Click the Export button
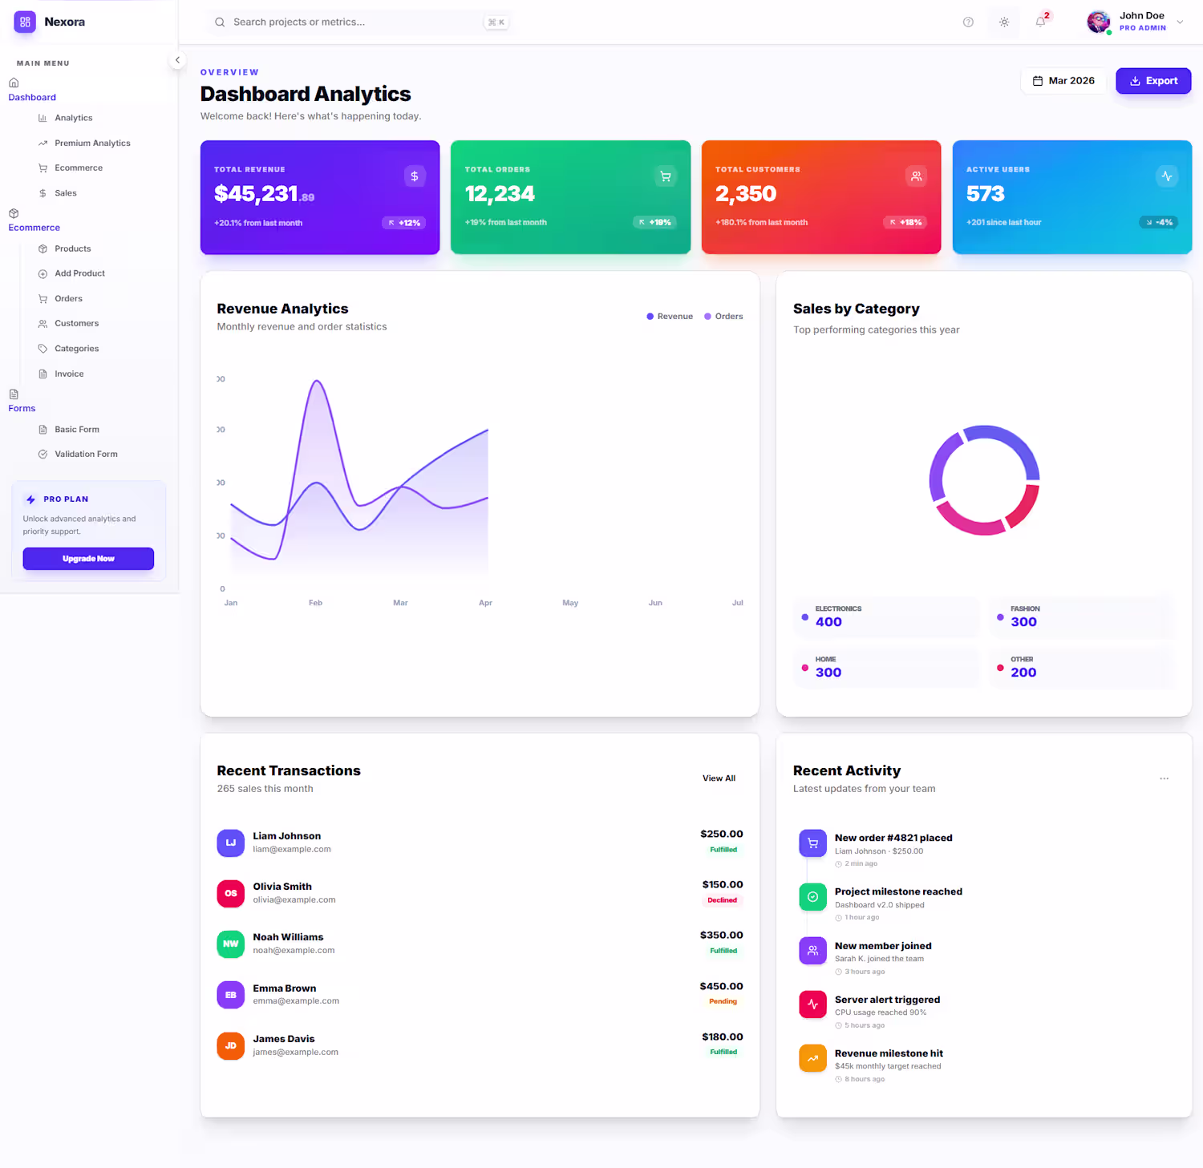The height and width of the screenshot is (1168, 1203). pos(1153,81)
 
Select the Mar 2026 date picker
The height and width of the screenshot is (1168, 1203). pos(1063,81)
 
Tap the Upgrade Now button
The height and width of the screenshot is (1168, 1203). pos(88,559)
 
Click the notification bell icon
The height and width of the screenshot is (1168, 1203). pos(1040,22)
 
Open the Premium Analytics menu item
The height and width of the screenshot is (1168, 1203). pos(92,143)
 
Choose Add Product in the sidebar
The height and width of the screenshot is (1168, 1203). pos(79,273)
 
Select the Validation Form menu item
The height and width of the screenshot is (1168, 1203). pos(86,455)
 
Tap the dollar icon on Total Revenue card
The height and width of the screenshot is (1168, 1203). pos(415,176)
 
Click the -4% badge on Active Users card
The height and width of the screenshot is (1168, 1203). pos(1160,223)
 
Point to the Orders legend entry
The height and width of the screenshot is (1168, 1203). pos(723,317)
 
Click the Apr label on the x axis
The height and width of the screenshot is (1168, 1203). pos(485,603)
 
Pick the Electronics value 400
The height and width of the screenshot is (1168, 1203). pos(828,622)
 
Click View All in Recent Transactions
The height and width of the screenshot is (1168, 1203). pos(719,778)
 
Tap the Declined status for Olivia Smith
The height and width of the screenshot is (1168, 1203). pos(722,900)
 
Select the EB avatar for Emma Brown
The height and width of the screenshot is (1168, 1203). pos(231,995)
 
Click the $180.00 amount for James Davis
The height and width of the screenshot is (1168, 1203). pos(722,1037)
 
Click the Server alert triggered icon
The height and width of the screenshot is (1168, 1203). pos(812,1004)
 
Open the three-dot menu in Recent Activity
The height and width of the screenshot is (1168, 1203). pos(1164,778)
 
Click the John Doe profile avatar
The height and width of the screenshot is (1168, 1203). pos(1098,22)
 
